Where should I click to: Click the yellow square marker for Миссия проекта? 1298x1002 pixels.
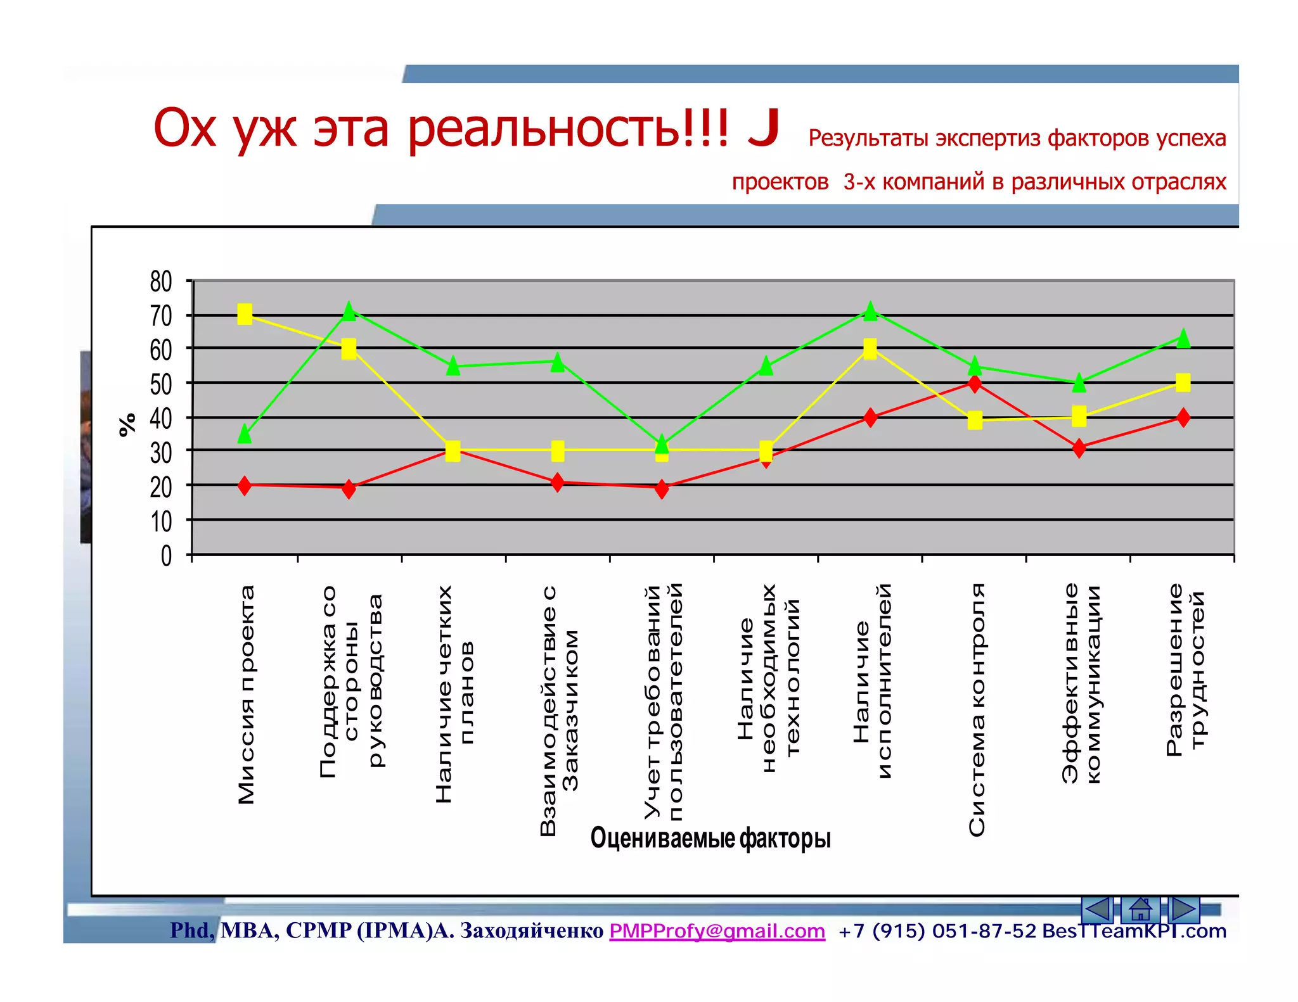[x=245, y=314]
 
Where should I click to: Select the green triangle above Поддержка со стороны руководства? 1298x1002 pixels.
[x=349, y=311]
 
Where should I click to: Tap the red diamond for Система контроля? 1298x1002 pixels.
[x=975, y=383]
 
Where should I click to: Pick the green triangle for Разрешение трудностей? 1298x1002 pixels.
[x=1183, y=339]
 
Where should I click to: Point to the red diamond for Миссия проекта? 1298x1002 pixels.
[x=245, y=486]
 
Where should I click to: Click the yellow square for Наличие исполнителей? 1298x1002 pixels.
[x=870, y=348]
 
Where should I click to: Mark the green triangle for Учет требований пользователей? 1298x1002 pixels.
[x=662, y=443]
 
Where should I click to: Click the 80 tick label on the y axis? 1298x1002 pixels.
[x=161, y=281]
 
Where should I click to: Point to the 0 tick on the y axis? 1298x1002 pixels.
[x=166, y=556]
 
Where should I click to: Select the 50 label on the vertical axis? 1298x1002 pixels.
[x=161, y=384]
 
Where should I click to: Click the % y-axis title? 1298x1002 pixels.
[x=127, y=424]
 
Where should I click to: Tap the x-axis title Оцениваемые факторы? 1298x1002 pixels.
[x=710, y=839]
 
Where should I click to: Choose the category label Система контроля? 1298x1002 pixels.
[x=977, y=709]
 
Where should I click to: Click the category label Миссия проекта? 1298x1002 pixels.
[x=246, y=694]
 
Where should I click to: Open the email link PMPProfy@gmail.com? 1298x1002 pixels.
[x=717, y=931]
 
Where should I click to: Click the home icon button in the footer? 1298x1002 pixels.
[x=1140, y=910]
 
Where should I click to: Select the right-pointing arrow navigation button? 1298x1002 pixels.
[x=1183, y=910]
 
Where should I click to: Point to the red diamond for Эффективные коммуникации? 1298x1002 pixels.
[x=1079, y=448]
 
